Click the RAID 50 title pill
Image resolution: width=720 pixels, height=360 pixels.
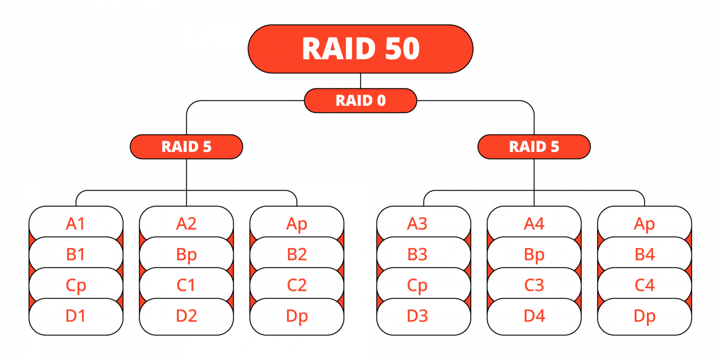tap(360, 49)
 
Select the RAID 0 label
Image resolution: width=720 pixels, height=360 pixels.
tap(360, 101)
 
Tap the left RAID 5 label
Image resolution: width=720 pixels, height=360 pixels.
tap(186, 147)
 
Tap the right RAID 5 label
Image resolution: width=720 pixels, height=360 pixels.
tap(534, 147)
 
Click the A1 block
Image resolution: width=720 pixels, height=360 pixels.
tap(75, 224)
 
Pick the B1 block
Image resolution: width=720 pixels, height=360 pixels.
tap(75, 254)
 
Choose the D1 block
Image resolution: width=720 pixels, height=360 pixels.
tap(75, 316)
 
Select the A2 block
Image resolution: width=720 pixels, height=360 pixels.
tap(186, 224)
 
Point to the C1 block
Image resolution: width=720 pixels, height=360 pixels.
tap(186, 285)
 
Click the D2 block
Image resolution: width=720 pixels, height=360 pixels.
tap(186, 316)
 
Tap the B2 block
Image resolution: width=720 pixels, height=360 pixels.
tap(297, 254)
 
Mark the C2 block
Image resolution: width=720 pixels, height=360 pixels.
tap(297, 285)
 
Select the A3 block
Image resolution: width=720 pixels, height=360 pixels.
tap(417, 224)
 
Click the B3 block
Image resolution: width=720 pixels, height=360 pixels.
tap(417, 254)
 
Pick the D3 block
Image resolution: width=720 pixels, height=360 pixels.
tap(417, 316)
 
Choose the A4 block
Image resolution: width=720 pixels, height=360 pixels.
tap(534, 224)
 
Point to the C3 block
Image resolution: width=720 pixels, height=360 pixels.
tap(534, 285)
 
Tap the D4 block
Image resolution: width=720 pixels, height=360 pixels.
tap(534, 316)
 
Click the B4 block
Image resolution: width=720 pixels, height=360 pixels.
tap(644, 254)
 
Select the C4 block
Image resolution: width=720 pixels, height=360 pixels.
tap(644, 285)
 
